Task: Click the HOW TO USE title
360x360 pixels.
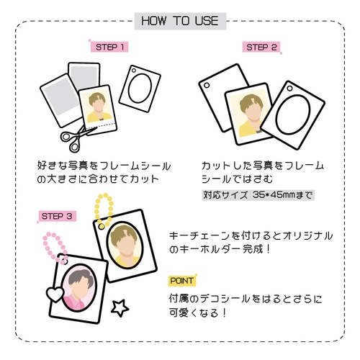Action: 180,21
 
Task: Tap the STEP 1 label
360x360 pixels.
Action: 109,47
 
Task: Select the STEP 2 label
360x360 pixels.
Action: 261,47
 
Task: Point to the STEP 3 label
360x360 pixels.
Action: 57,216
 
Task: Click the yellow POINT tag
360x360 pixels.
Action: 181,281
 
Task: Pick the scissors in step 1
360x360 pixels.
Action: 77,138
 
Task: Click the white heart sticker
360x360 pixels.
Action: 55,294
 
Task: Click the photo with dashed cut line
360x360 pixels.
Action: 98,109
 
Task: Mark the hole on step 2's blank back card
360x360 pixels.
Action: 207,85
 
